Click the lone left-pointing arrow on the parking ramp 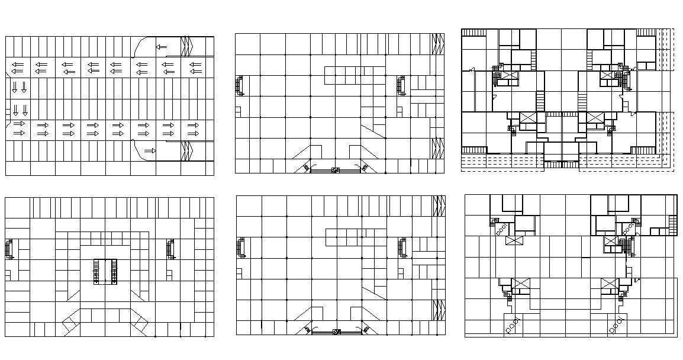(x=161, y=47)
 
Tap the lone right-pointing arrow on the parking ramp (x=150, y=151)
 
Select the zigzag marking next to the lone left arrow (x=188, y=46)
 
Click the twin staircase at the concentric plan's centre (x=105, y=272)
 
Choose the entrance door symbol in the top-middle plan (x=336, y=170)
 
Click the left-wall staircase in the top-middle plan (x=240, y=85)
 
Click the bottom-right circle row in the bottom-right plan (x=616, y=324)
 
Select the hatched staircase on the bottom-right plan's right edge (x=673, y=226)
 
